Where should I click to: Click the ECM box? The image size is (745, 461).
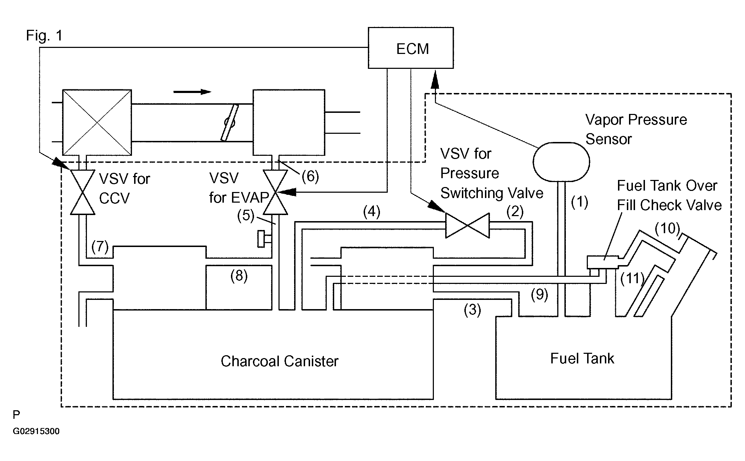[x=410, y=48]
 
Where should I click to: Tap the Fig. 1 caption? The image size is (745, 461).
[x=44, y=35]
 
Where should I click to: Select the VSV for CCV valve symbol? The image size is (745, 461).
[x=83, y=192]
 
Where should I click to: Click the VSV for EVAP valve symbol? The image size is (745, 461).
[x=276, y=192]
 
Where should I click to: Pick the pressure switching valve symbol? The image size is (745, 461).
[x=467, y=225]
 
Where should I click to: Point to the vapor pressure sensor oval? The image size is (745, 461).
[x=561, y=162]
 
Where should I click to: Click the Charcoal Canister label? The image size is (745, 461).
[x=280, y=361]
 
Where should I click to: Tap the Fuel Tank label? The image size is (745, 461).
[x=582, y=358]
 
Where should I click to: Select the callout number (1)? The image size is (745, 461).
[x=579, y=202]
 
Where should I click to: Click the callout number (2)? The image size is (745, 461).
[x=515, y=212]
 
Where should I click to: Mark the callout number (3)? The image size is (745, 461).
[x=472, y=310]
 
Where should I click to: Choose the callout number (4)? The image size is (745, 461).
[x=371, y=212]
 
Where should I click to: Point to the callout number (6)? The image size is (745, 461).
[x=310, y=176]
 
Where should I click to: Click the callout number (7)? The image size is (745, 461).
[x=100, y=246]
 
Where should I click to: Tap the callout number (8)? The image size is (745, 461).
[x=239, y=276]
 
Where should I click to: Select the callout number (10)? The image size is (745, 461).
[x=667, y=228]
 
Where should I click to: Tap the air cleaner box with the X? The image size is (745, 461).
[x=97, y=122]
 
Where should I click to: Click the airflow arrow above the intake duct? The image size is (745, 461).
[x=192, y=92]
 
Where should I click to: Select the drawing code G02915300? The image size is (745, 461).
[x=36, y=432]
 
